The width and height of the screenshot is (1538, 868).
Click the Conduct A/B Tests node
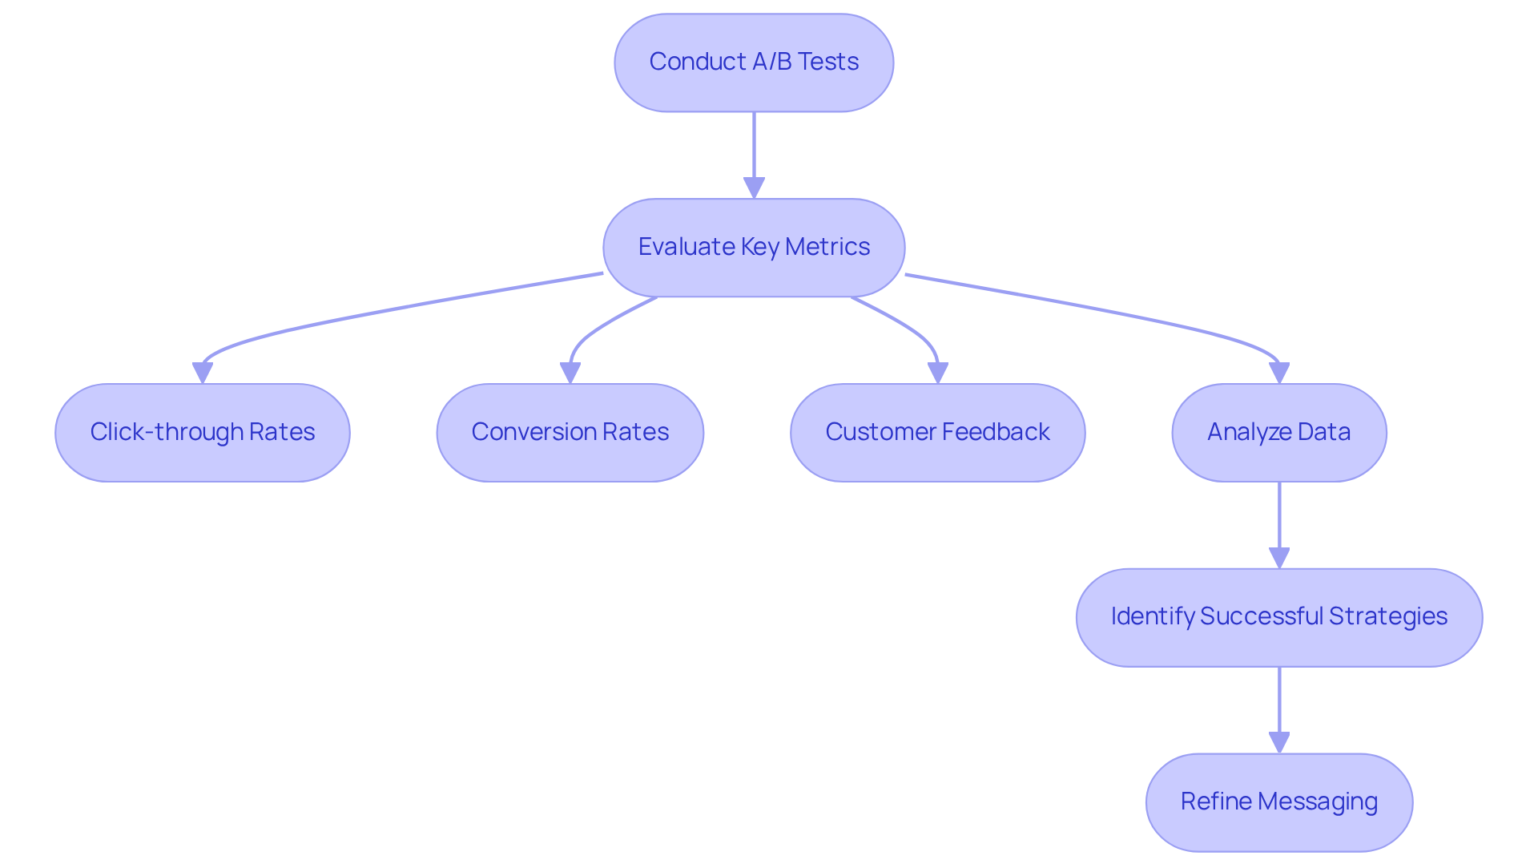[x=754, y=63]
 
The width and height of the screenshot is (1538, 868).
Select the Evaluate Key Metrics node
[x=754, y=248]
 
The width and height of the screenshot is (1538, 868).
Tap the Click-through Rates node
[x=203, y=433]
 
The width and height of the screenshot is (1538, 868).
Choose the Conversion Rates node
[x=570, y=433]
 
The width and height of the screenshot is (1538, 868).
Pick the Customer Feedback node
[x=938, y=433]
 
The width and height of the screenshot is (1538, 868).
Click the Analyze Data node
[x=1279, y=433]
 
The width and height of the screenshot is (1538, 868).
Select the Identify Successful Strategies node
[x=1279, y=618]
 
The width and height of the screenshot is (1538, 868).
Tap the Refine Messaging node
[x=1279, y=802]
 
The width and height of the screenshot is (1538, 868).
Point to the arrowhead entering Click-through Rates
[x=203, y=373]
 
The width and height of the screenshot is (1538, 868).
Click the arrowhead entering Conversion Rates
[x=570, y=373]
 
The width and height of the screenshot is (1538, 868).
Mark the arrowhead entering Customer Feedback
[x=938, y=373]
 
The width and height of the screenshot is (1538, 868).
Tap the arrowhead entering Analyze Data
[x=1279, y=373]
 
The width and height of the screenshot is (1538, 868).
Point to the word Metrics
[x=827, y=247]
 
